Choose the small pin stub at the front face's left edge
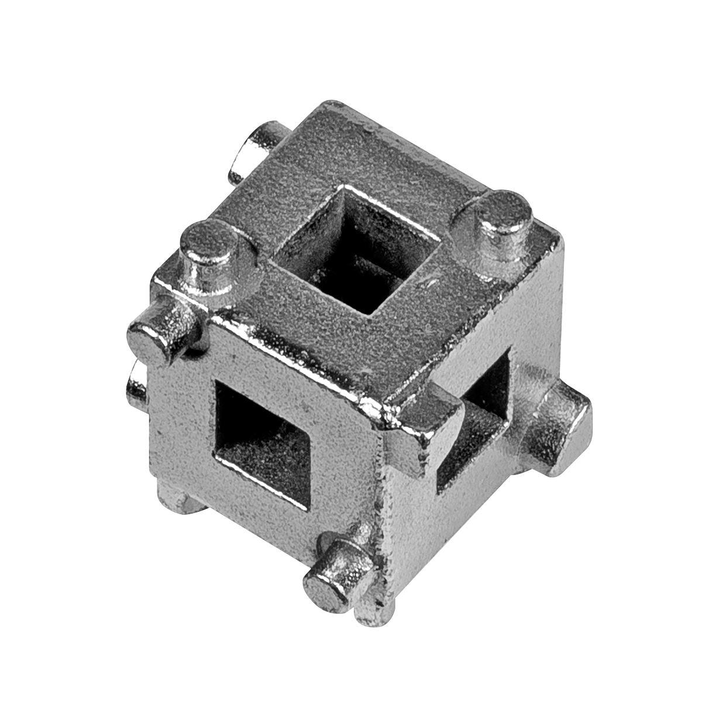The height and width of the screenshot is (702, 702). (136, 383)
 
